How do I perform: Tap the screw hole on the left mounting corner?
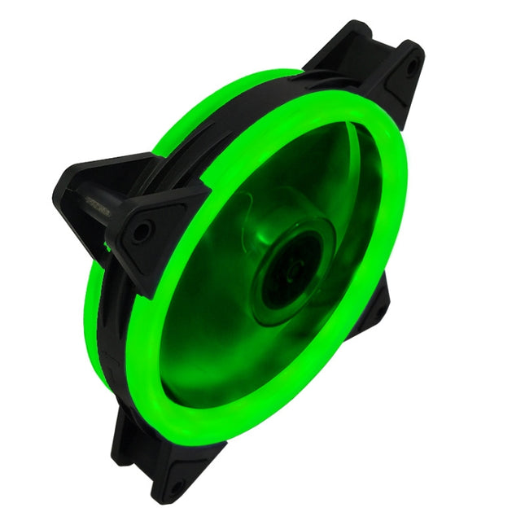point(142,231)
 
